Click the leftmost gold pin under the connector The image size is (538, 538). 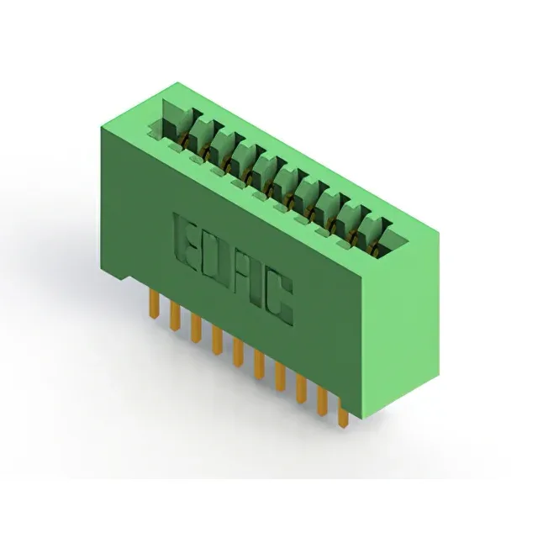click(155, 303)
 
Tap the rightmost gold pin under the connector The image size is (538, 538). click(343, 413)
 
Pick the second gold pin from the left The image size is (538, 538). click(175, 316)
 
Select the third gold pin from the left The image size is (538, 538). click(196, 328)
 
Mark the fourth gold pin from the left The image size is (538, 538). click(217, 340)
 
